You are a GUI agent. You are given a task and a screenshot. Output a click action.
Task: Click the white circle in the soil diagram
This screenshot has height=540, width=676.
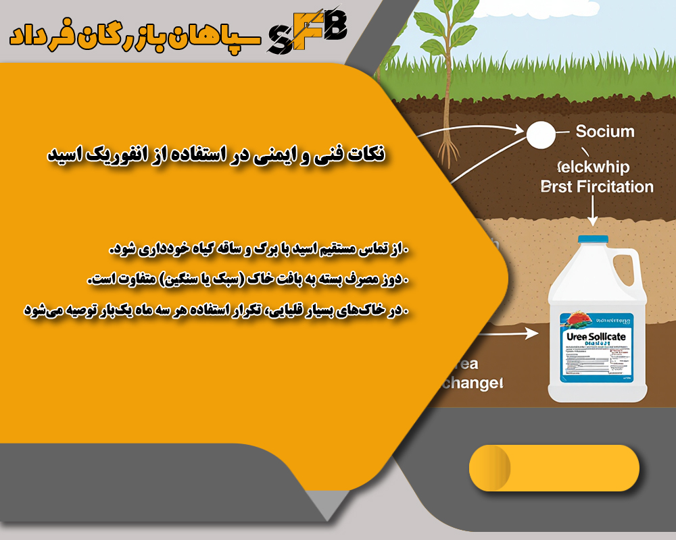tap(539, 134)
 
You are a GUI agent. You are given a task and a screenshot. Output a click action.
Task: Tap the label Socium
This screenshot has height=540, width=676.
tap(604, 131)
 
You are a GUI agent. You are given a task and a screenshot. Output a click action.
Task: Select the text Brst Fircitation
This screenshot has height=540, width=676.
tap(598, 186)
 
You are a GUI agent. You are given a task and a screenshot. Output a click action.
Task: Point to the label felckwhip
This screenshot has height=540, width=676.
tap(591, 166)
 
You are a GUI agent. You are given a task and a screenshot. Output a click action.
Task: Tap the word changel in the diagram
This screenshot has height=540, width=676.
tap(472, 383)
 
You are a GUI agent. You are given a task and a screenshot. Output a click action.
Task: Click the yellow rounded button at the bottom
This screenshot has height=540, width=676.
tap(554, 468)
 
